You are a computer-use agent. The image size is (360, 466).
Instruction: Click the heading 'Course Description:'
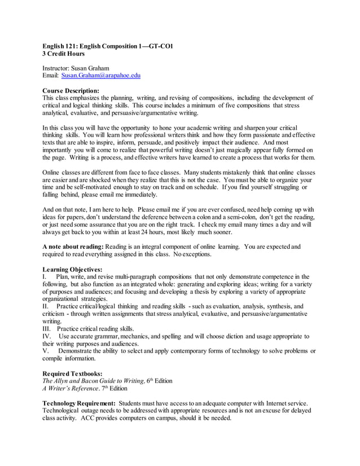(x=71, y=90)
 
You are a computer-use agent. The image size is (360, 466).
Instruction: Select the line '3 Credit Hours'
(x=64, y=54)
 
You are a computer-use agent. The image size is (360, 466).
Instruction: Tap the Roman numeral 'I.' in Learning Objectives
(x=45, y=277)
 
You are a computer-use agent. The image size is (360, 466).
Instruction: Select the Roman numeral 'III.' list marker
(x=47, y=328)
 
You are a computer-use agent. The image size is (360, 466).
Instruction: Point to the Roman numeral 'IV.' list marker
(x=47, y=336)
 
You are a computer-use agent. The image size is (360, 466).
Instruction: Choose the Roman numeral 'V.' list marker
(x=46, y=351)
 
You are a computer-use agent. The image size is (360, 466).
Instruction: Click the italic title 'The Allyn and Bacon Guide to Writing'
(x=91, y=381)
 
